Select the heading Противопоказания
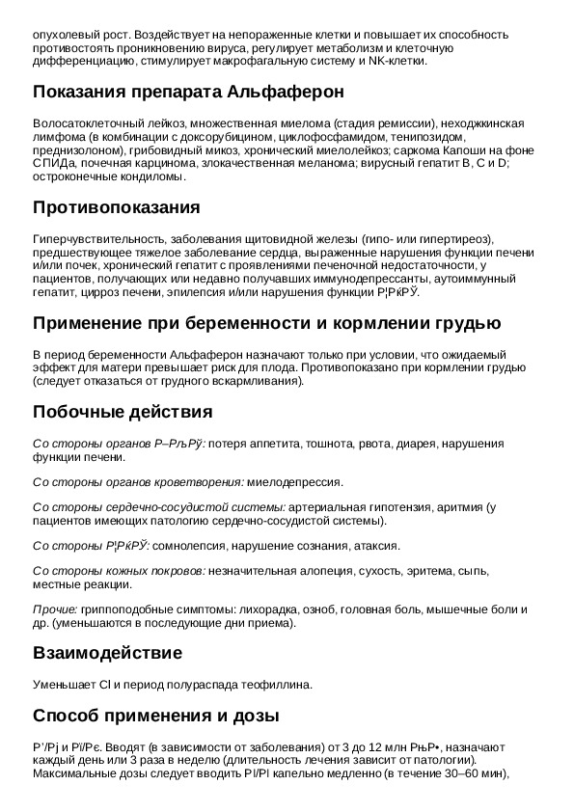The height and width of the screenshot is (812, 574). coord(117,207)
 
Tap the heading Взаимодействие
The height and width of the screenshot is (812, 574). coord(107,653)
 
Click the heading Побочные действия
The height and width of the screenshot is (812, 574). coord(123,412)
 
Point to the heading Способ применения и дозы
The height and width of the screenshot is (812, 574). coord(156,716)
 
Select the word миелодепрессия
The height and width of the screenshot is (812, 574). coord(293,481)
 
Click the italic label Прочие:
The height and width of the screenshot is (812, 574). coord(55,609)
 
